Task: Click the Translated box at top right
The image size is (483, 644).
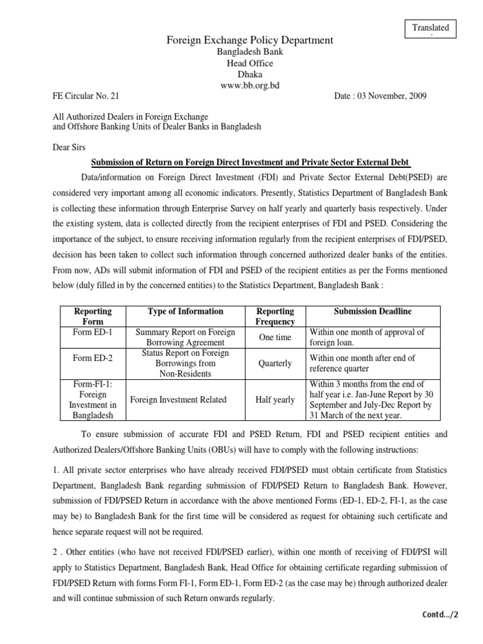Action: pos(430,28)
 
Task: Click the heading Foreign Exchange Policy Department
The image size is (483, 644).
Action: pos(250,40)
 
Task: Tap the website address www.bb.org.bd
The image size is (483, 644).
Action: pos(250,84)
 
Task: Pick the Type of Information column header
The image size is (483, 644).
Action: pos(185,311)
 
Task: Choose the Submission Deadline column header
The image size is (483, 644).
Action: pos(373,311)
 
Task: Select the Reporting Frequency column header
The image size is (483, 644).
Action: pos(276,316)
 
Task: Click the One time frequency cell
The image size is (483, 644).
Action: pos(275,337)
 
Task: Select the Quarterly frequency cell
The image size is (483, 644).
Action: pos(275,363)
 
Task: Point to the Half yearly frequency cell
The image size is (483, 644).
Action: pos(275,400)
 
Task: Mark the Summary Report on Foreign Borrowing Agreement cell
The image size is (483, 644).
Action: pos(185,337)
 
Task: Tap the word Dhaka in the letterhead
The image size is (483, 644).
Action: pos(250,74)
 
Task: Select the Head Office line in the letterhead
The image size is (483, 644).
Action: pos(250,63)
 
